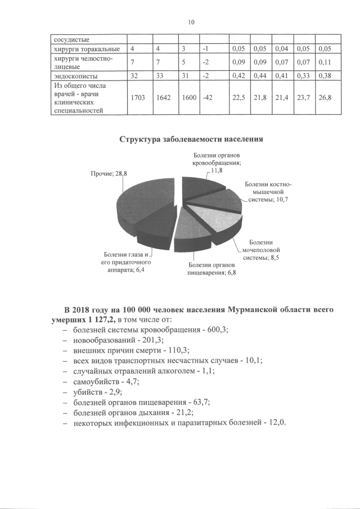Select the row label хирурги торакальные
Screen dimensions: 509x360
click(x=85, y=50)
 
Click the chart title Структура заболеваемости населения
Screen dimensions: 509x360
click(x=191, y=139)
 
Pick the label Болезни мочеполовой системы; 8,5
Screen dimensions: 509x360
click(x=261, y=249)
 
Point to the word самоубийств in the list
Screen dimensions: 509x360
click(x=96, y=381)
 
